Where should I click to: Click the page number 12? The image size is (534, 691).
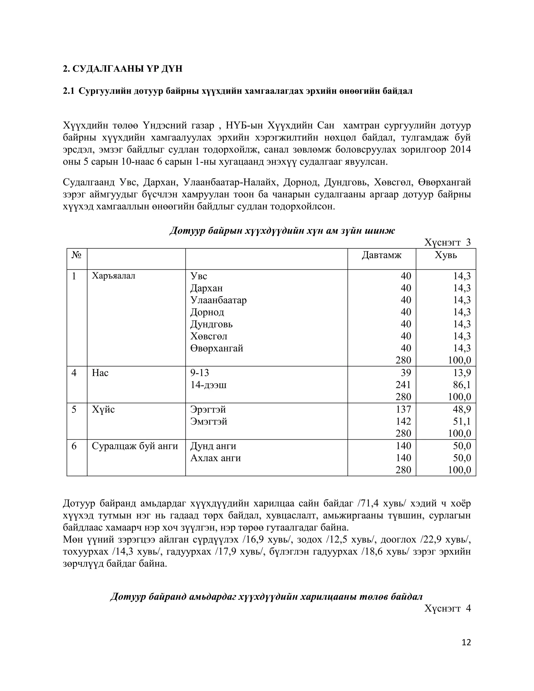(466, 642)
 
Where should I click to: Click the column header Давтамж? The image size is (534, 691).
(381, 255)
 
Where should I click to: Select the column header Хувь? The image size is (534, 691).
(445, 255)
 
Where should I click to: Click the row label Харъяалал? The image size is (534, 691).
(113, 276)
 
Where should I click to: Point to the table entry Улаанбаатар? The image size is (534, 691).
(218, 300)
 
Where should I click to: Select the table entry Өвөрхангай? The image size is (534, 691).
(217, 348)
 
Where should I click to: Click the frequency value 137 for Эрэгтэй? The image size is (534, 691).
(403, 409)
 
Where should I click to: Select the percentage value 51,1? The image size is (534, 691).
(462, 421)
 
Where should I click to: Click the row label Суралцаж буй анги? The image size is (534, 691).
(135, 446)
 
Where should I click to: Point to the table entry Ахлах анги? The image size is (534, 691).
(215, 458)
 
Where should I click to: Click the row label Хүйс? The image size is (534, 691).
(103, 409)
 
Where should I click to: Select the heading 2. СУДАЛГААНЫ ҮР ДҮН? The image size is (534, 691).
(123, 69)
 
